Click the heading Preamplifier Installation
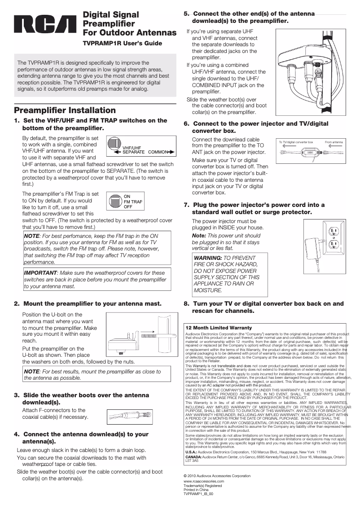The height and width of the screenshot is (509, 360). pos(65,110)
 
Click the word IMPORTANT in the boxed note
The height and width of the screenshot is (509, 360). pos(40,272)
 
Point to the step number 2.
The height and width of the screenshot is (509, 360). pos(16,304)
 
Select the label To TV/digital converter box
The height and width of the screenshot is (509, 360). pos(295,141)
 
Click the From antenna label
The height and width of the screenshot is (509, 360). pos(334,141)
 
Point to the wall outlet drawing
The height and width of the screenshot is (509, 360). pos(333,238)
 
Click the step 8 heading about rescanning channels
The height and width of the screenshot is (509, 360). pos(264,307)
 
